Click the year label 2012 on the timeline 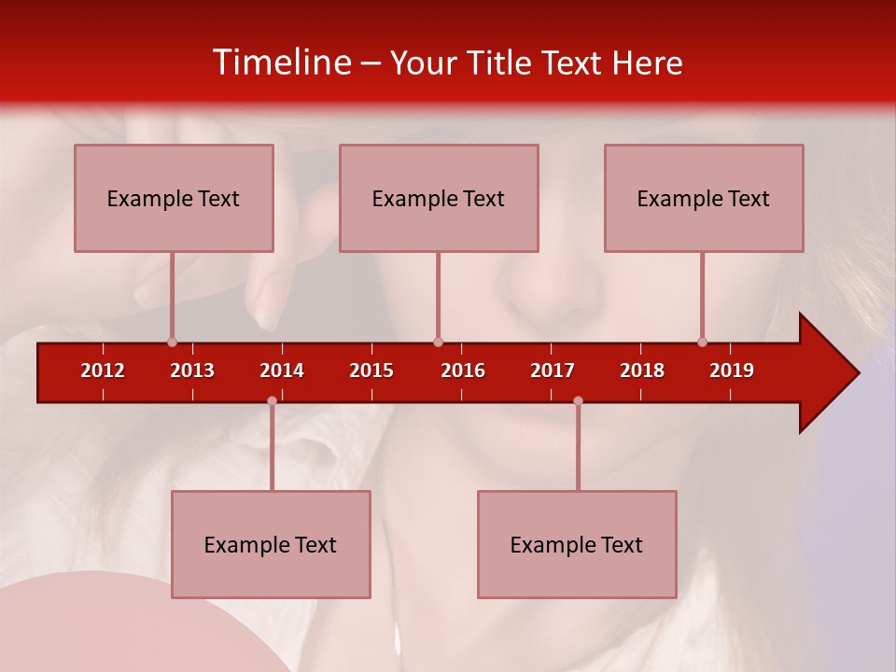(x=103, y=371)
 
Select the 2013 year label (x=192, y=371)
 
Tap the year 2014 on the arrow (x=282, y=371)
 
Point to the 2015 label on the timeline (x=371, y=371)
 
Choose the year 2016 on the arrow (x=463, y=371)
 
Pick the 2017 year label (x=553, y=371)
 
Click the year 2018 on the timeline (x=642, y=371)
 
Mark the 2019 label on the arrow (x=732, y=371)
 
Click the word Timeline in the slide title (x=280, y=63)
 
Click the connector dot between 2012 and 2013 (x=172, y=342)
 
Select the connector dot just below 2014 (x=272, y=400)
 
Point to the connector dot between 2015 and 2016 (x=438, y=342)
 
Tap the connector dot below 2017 (x=578, y=400)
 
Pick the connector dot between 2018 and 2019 (x=702, y=342)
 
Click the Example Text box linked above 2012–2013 (x=174, y=198)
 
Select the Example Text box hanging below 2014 (x=271, y=544)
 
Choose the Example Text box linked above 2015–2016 (x=439, y=198)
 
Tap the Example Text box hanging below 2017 (x=577, y=544)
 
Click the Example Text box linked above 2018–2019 (x=704, y=198)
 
